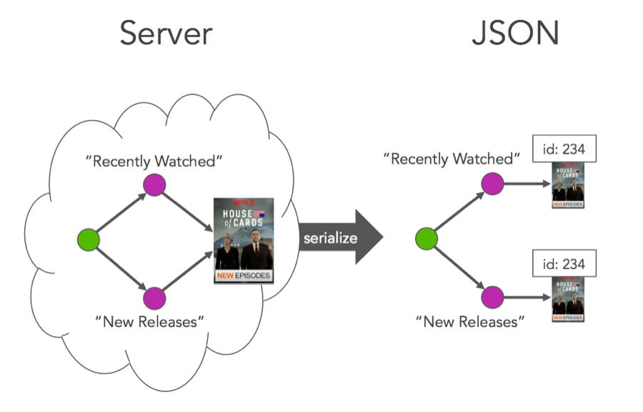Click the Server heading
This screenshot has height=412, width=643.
(165, 34)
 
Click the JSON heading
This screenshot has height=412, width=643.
(514, 34)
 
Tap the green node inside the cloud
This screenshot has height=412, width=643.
(88, 240)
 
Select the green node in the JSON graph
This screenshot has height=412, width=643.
(426, 240)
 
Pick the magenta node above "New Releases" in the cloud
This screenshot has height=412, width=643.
(154, 297)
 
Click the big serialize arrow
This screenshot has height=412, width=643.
(336, 238)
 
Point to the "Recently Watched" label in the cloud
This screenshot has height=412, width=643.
(154, 161)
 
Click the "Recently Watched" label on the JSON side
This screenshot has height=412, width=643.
(452, 158)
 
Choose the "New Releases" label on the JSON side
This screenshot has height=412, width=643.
(470, 321)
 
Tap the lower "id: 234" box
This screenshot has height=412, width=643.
(564, 264)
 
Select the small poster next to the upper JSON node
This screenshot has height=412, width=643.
(568, 185)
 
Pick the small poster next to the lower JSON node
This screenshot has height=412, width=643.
(568, 298)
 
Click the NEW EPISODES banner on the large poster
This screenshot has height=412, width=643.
(244, 275)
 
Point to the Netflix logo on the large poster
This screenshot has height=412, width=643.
(244, 202)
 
